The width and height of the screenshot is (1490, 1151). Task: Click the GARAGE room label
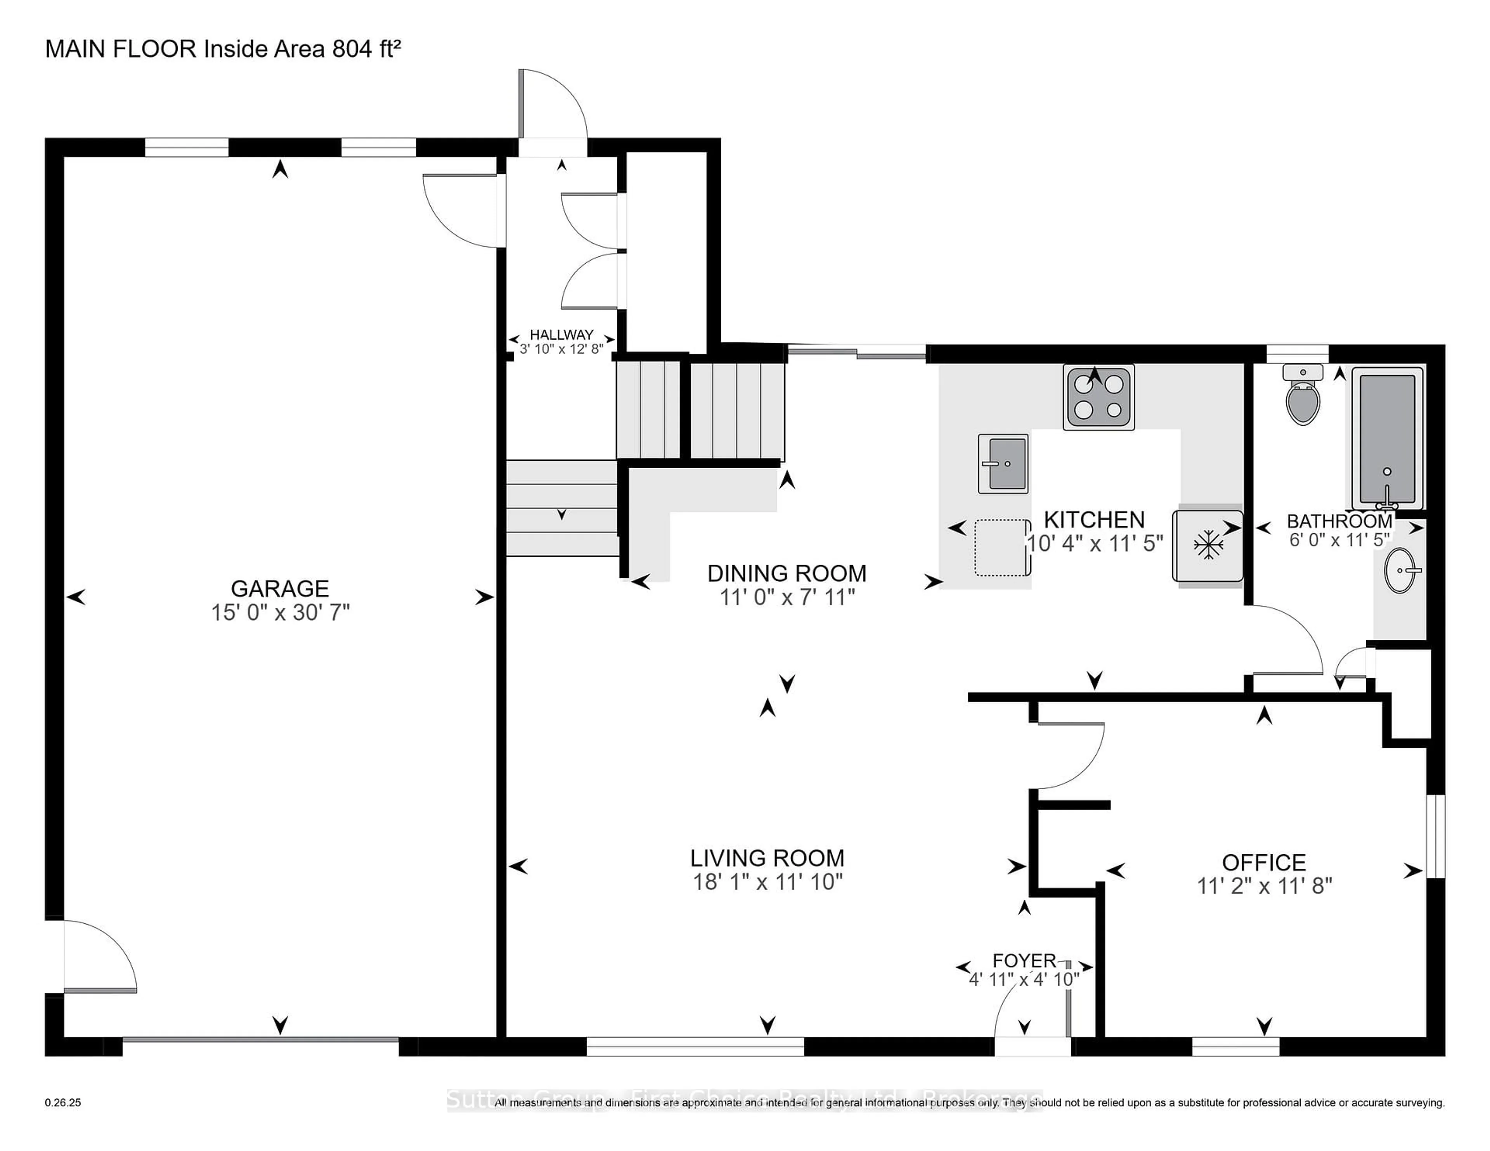pos(280,588)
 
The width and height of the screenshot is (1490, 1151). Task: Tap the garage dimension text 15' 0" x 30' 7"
pos(280,612)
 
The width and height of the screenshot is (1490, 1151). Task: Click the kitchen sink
pos(1003,464)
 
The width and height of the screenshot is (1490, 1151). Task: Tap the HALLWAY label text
pos(561,335)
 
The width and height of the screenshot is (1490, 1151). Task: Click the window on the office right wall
pos(1435,836)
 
